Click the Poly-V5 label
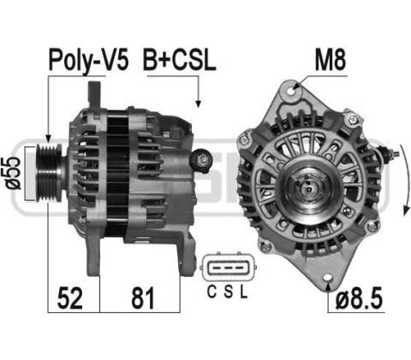88,61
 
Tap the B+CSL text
179,60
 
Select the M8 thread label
331,60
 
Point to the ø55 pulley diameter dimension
13,173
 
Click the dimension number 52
70,298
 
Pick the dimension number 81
143,298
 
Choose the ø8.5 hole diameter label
359,298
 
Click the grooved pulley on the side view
49,173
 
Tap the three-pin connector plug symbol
229,268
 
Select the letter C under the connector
211,292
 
